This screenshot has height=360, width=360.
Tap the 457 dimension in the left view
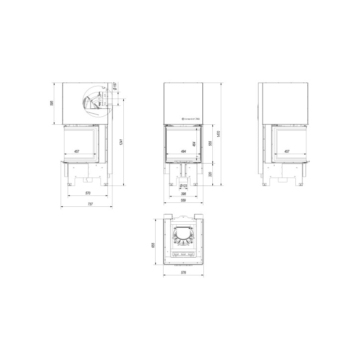77,151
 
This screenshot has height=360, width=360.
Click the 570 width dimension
88,193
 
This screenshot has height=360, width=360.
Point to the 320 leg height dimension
210,174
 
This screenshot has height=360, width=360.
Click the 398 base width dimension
183,193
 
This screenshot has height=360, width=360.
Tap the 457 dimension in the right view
286,151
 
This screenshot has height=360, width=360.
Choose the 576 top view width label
183,272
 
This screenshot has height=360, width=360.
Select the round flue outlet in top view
183,238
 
